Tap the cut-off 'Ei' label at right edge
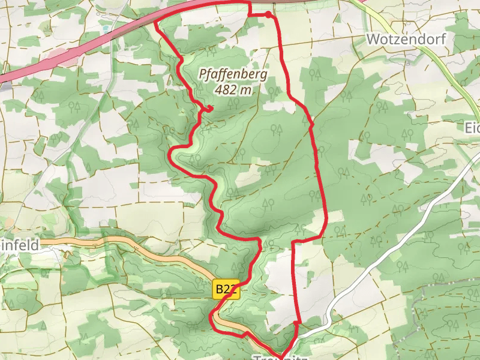click(472, 128)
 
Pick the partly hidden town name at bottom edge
click(280, 356)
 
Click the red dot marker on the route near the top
click(267, 14)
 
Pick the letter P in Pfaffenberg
click(202, 75)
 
